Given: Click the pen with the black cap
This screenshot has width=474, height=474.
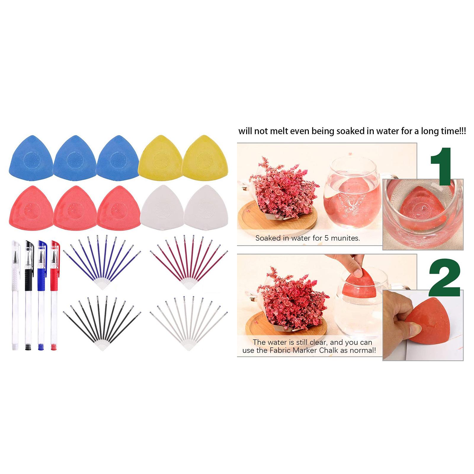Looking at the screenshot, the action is (x=28, y=296).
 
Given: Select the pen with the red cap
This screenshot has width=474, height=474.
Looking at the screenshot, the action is (x=55, y=296).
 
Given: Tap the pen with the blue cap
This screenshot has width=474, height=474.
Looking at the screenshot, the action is (x=41, y=296).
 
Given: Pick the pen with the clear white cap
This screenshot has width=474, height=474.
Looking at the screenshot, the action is (x=16, y=296).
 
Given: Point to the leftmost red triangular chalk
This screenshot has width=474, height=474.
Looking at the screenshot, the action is (x=31, y=208).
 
